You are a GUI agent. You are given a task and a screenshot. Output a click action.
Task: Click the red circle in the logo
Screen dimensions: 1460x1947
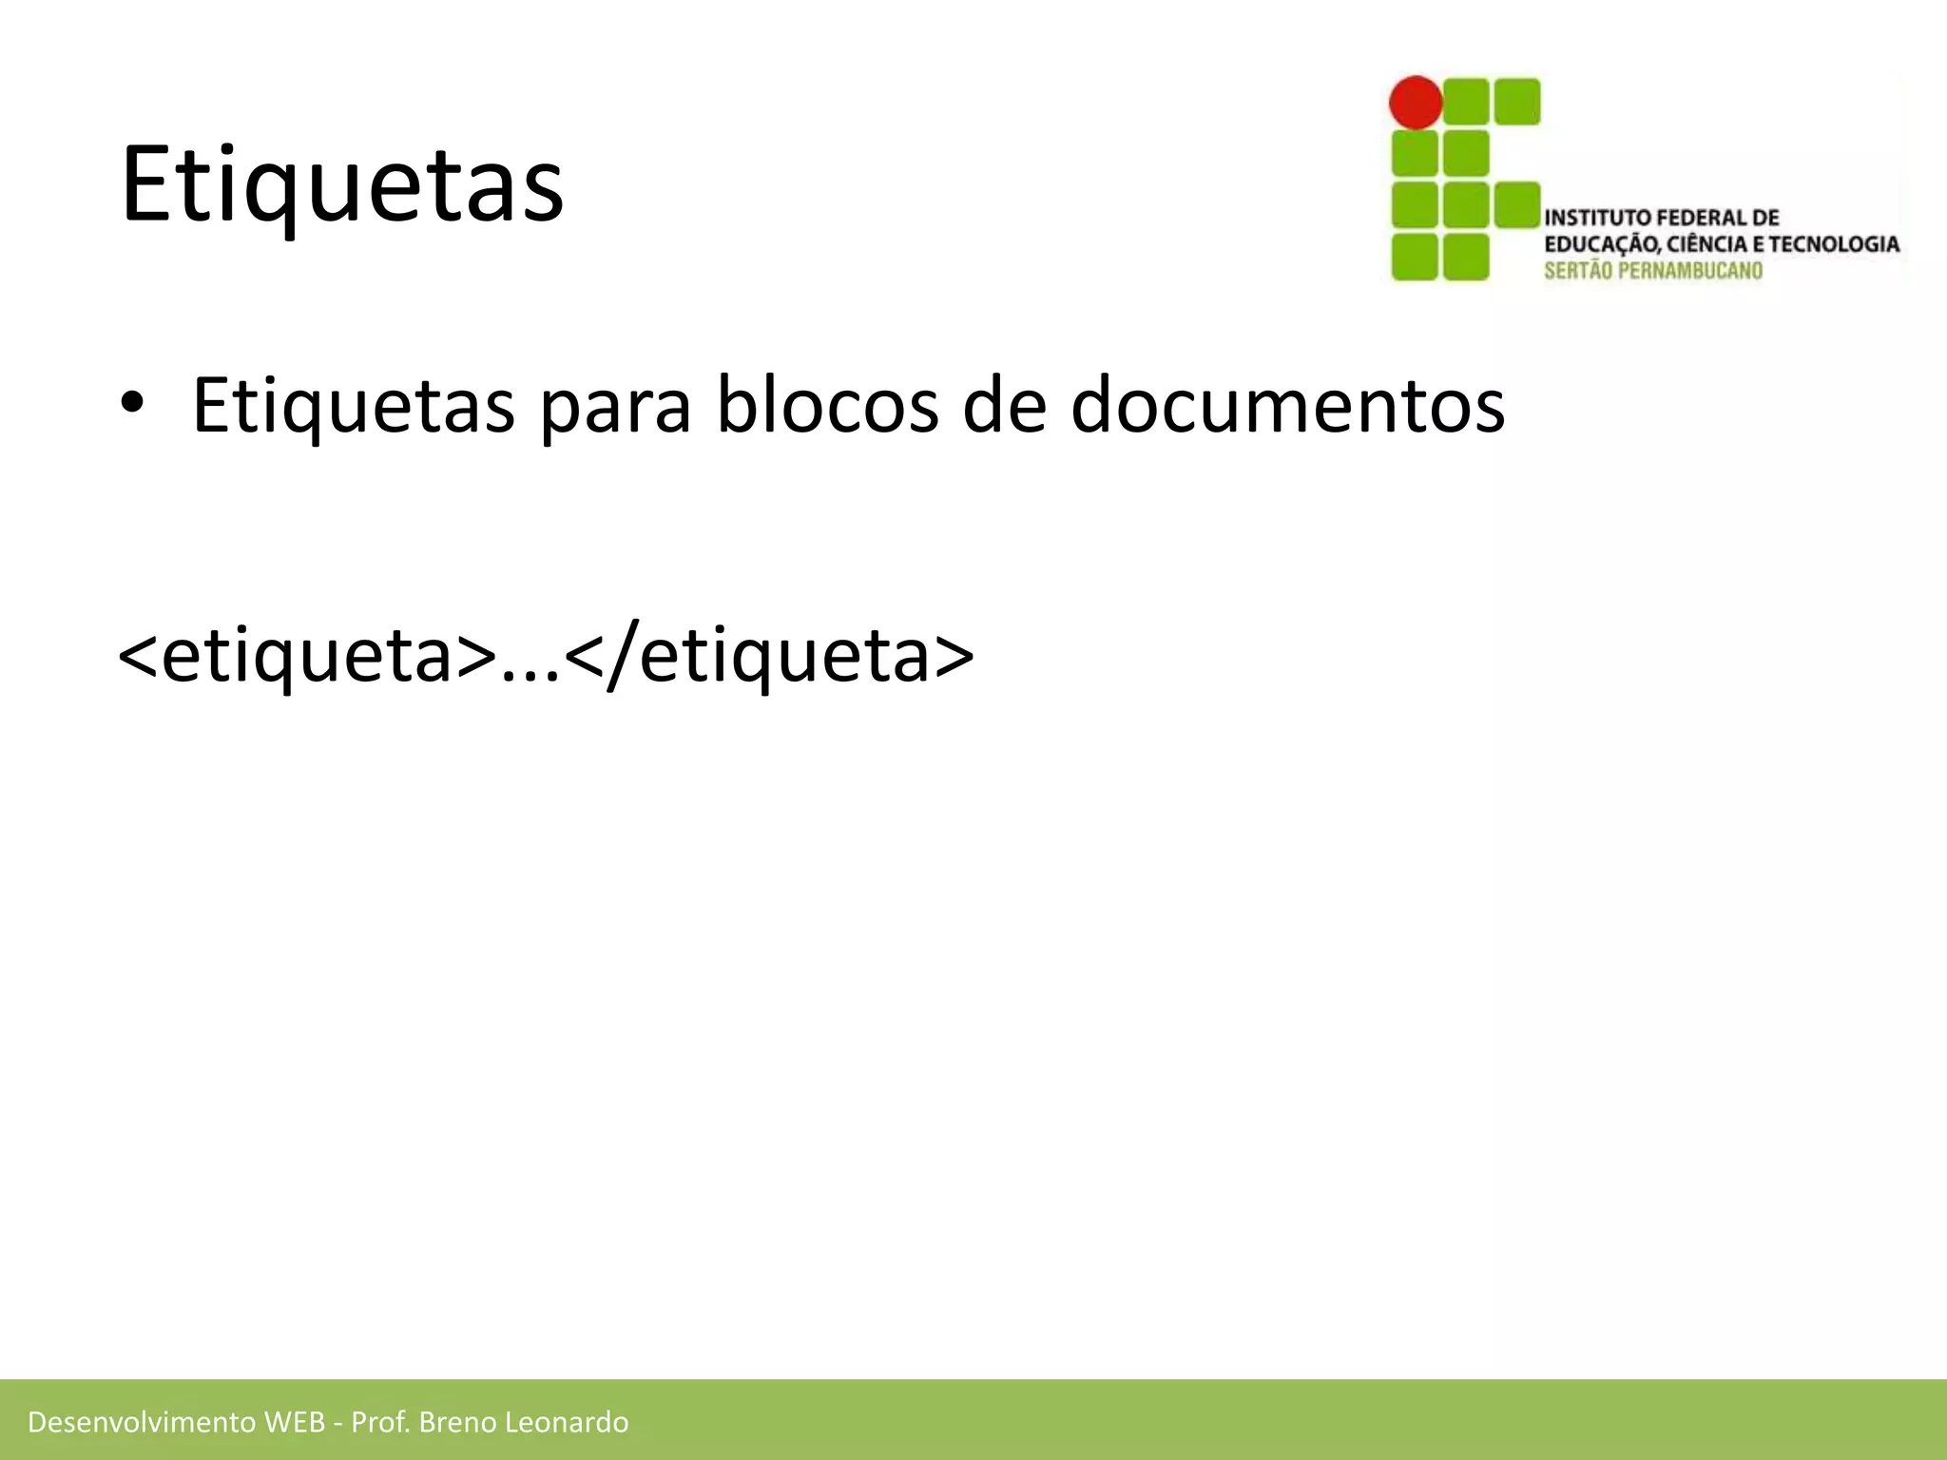point(1416,103)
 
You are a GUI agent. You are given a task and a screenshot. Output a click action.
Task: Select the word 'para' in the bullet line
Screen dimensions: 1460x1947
point(615,407)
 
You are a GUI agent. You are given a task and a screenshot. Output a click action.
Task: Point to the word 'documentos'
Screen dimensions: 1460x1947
point(1287,405)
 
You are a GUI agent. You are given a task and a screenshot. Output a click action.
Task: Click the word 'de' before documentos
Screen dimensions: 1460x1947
point(1004,405)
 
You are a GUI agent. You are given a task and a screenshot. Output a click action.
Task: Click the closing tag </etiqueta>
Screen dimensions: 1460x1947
point(770,656)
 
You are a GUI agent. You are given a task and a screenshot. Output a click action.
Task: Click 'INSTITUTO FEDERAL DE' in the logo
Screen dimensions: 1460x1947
point(1661,218)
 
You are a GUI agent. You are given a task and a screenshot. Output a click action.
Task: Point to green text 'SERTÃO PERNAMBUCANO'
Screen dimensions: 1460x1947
point(1653,271)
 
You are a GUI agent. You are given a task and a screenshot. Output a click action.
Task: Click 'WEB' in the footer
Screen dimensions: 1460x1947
point(295,1422)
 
